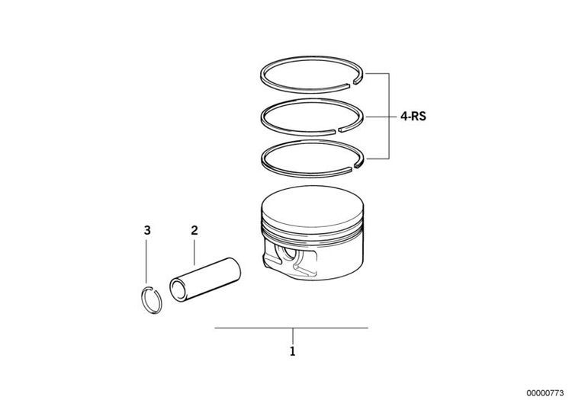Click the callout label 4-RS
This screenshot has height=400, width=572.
coord(413,117)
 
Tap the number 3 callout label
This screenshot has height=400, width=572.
coord(147,230)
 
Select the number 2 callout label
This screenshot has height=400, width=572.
coord(194,230)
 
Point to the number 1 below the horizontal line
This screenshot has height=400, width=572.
coord(292,351)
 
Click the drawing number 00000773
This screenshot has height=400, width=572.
coord(545,393)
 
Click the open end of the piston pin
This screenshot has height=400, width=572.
coord(178,290)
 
